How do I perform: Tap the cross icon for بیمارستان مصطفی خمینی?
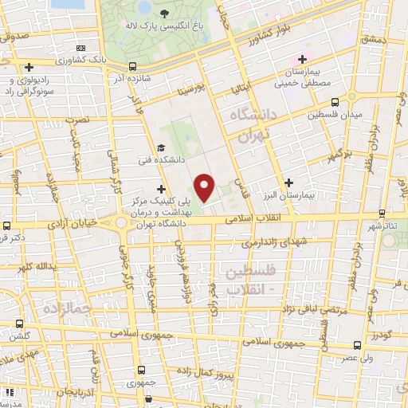pyautogui.click(x=302, y=59)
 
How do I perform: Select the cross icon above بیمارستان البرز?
pyautogui.click(x=288, y=182)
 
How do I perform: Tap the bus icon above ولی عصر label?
pyautogui.click(x=356, y=347)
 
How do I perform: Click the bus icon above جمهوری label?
pyautogui.click(x=140, y=370)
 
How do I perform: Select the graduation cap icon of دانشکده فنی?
pyautogui.click(x=160, y=147)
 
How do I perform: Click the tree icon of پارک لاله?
pyautogui.click(x=163, y=14)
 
